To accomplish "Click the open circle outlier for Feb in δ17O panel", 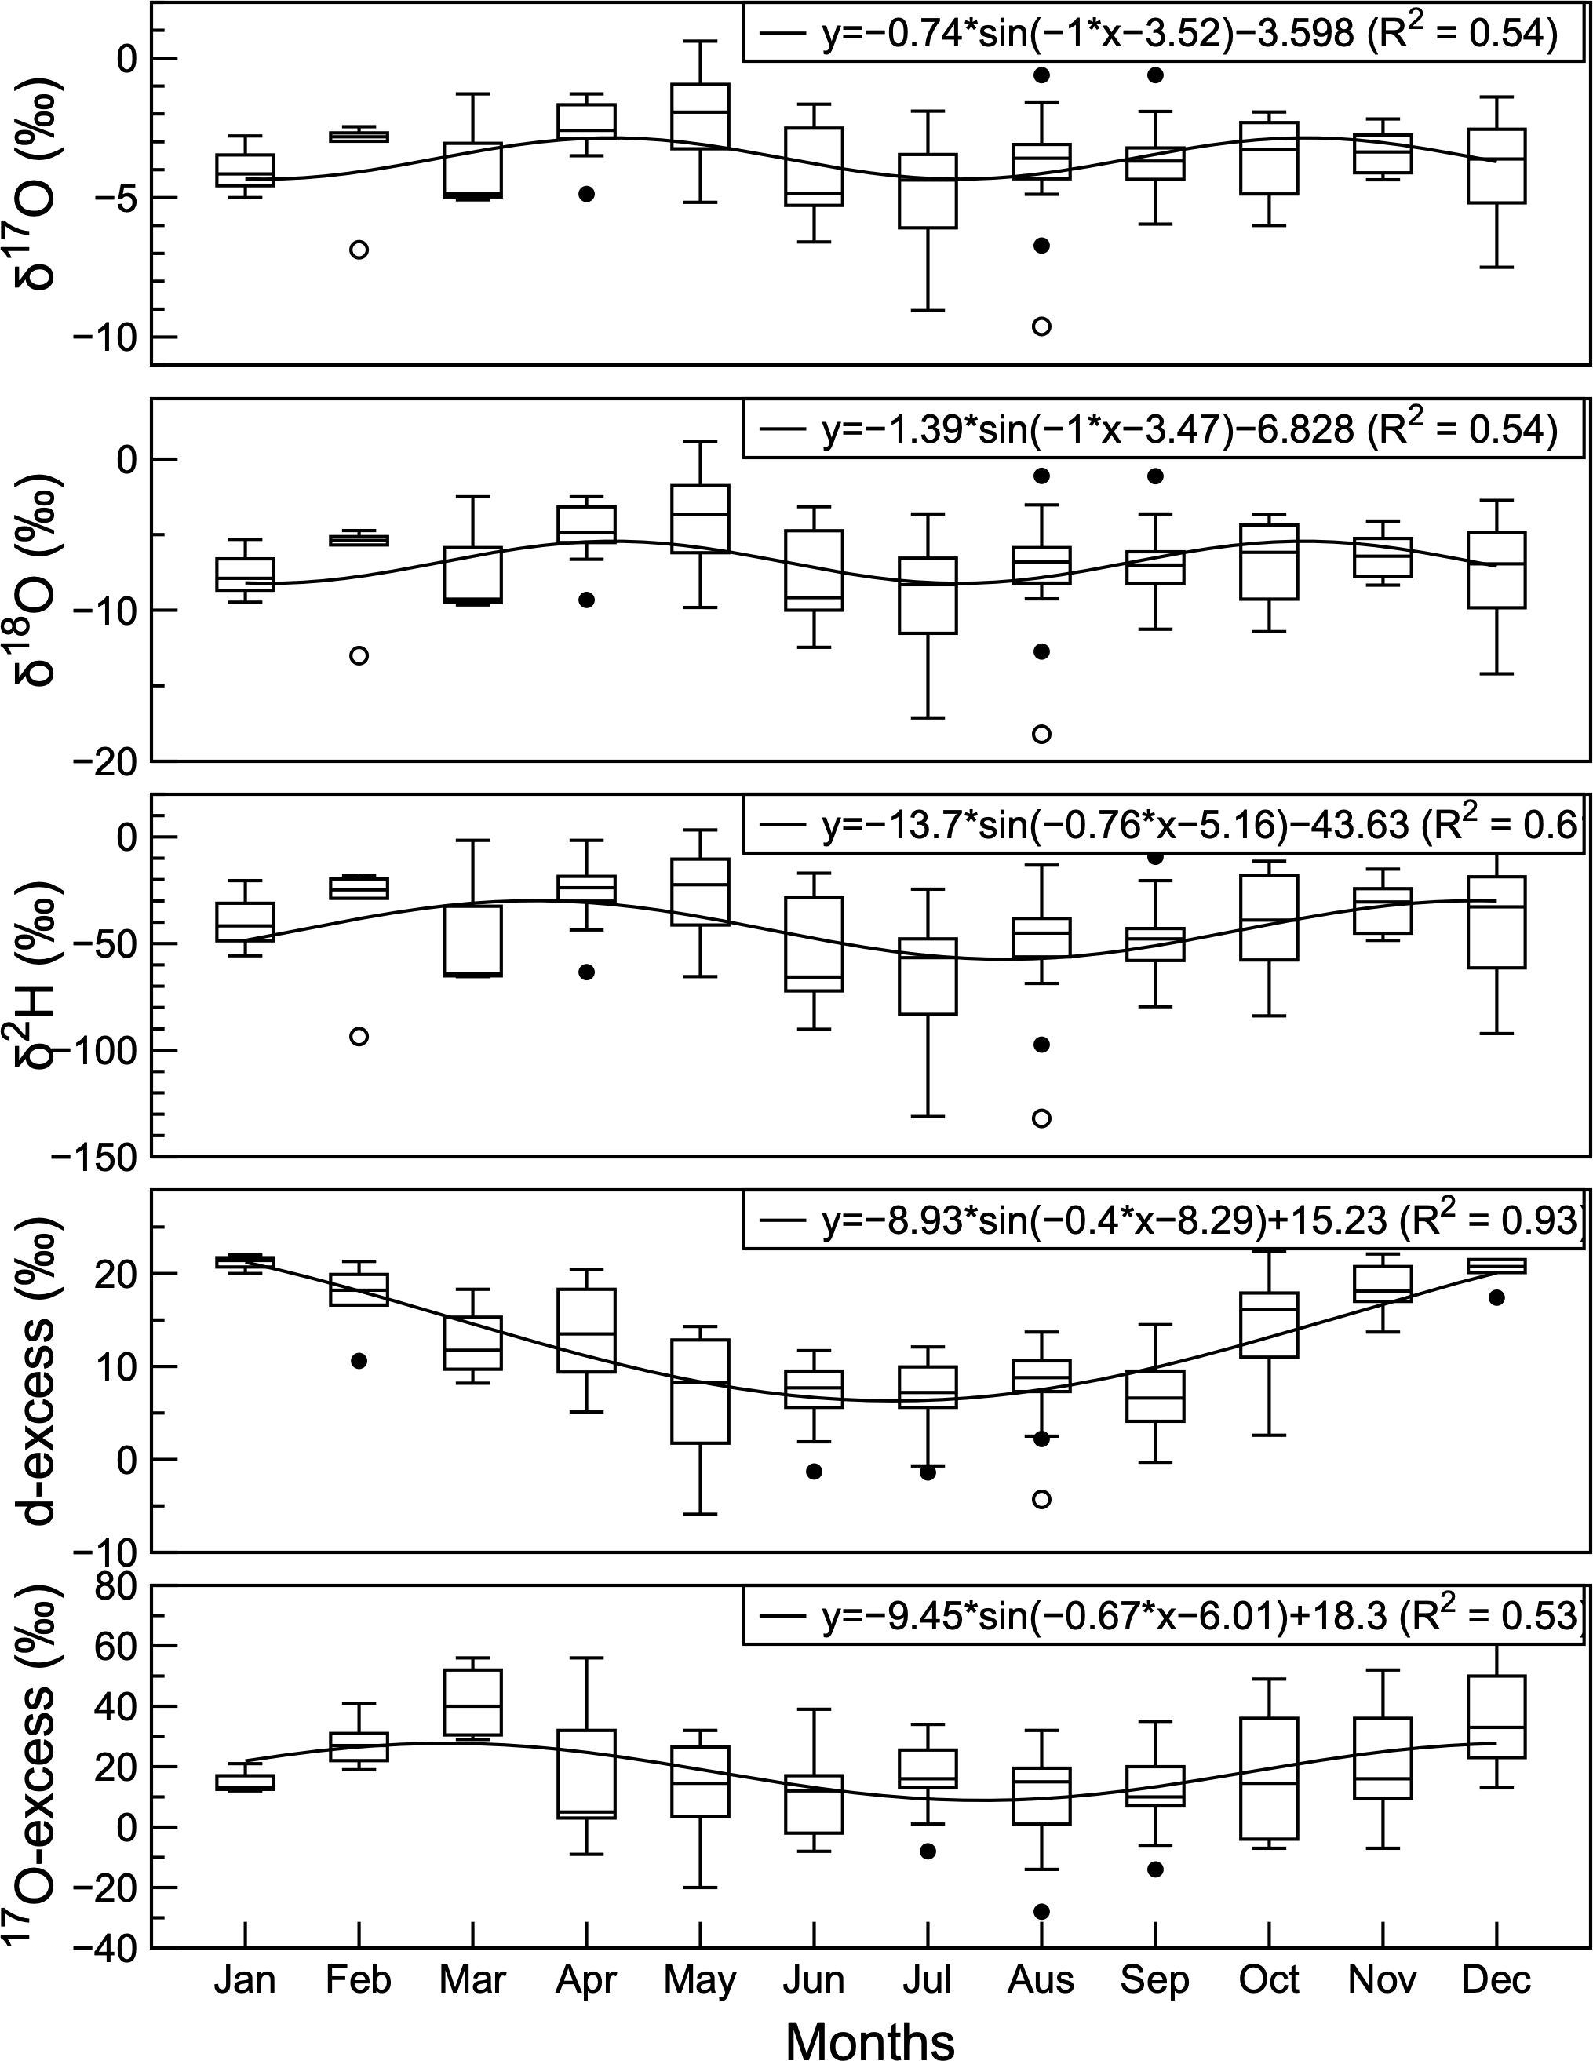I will [x=359, y=249].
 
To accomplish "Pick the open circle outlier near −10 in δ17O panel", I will [x=1042, y=326].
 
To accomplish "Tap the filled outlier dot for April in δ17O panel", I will [x=586, y=193].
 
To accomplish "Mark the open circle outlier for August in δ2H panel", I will [x=1042, y=1118].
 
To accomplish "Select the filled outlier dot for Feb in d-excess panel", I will [x=359, y=1361].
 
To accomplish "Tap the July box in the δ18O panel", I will [x=928, y=595].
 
